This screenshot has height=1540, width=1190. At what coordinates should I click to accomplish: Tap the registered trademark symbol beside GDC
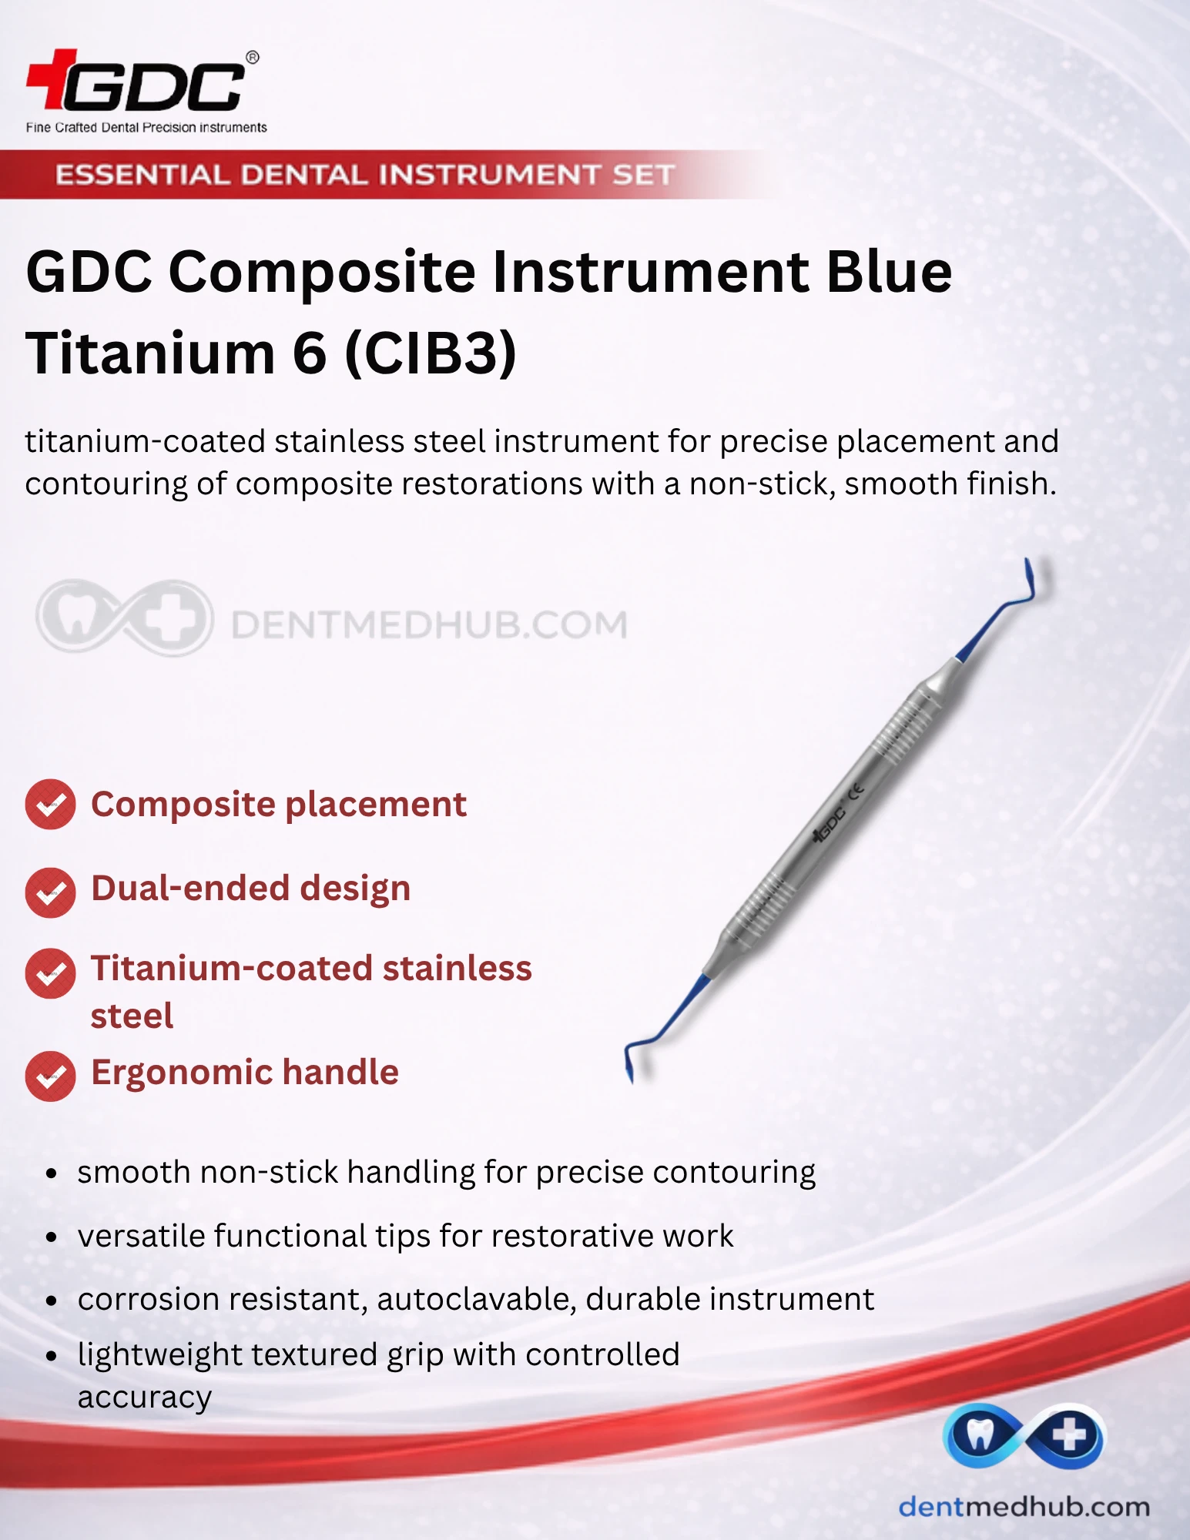252,58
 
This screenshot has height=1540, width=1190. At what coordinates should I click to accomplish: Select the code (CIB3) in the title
430,354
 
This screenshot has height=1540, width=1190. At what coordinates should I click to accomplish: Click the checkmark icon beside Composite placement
50,805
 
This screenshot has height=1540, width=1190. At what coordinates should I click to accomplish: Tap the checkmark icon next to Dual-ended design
50,892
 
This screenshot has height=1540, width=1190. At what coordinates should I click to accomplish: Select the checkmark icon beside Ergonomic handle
50,1076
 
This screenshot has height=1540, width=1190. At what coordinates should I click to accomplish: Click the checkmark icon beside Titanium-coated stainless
50,973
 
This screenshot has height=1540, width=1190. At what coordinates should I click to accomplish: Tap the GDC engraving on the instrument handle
830,825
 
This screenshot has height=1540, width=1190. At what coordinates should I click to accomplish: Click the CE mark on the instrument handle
856,791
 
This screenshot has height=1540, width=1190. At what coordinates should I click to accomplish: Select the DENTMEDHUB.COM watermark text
429,624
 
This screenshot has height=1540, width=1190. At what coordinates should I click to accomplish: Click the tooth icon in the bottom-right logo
980,1435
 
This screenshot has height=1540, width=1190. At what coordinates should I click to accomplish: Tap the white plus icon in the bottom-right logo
1069,1435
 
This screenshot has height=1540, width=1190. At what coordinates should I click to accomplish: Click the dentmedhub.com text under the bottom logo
1024,1507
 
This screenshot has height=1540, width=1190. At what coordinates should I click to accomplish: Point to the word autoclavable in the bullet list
477,1300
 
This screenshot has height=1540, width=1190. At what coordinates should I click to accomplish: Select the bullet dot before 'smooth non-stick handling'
52,1174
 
